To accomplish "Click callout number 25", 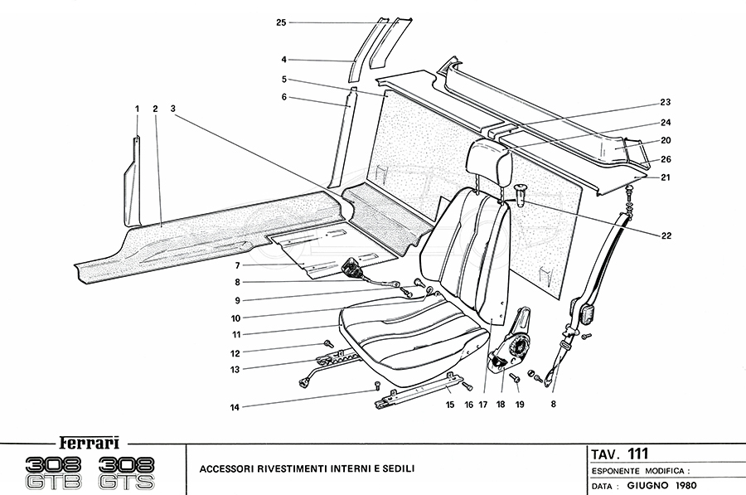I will pyautogui.click(x=282, y=22).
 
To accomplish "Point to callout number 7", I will pyautogui.click(x=237, y=265).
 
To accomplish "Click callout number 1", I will pyautogui.click(x=137, y=109).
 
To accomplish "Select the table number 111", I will pyautogui.click(x=637, y=453).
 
